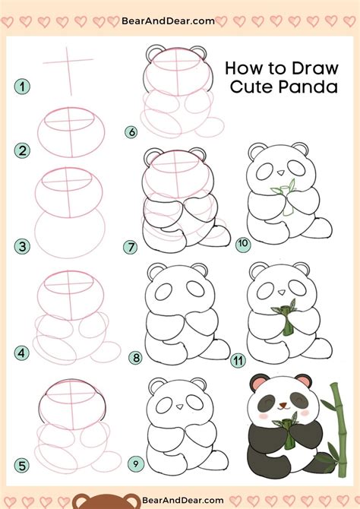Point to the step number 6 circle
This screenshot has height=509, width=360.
[131, 132]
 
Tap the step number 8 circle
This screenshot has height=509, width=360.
[136, 357]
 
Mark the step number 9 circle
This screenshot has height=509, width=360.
[136, 463]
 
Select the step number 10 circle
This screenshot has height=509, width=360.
[243, 244]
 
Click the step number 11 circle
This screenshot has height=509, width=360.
[238, 360]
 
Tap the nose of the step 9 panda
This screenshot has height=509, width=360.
[179, 409]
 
